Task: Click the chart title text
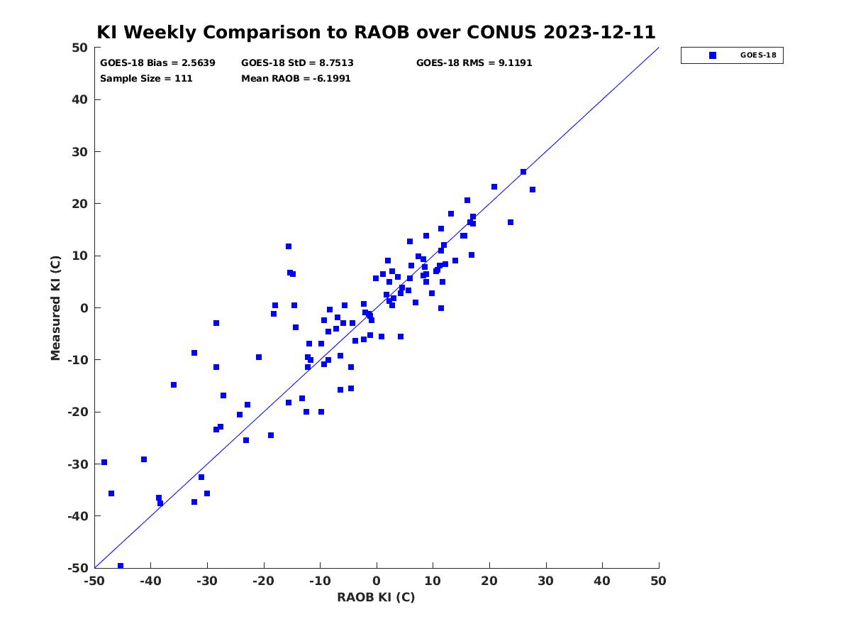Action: (376, 32)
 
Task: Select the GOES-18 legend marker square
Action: (712, 55)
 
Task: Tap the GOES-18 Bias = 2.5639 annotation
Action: (157, 63)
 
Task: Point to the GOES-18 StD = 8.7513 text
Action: (297, 63)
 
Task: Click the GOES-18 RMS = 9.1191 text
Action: (474, 63)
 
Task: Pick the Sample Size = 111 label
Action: (146, 78)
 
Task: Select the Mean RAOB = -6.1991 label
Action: (296, 78)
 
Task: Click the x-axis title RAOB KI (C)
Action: (376, 596)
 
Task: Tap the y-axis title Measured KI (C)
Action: (55, 307)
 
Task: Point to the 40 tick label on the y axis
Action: (80, 99)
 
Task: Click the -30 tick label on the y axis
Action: (78, 464)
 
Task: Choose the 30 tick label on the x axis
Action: (545, 581)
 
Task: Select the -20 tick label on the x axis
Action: (264, 581)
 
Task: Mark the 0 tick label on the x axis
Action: (377, 581)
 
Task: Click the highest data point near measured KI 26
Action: (523, 172)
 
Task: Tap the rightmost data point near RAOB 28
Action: (533, 190)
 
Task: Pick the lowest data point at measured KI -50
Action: (121, 566)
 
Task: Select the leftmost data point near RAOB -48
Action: (104, 462)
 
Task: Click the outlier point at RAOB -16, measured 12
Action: (289, 246)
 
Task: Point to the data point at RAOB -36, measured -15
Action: (174, 385)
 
